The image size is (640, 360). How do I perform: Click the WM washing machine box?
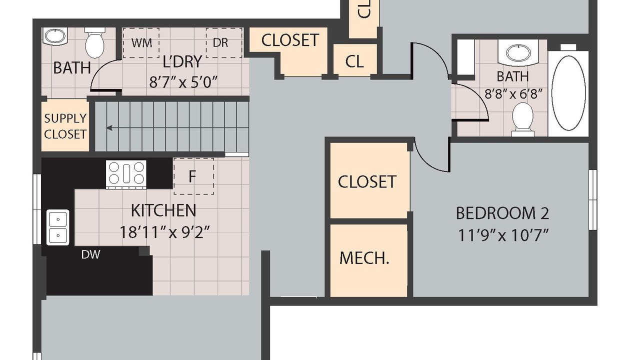coord(141,43)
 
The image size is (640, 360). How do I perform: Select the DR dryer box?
coord(224,43)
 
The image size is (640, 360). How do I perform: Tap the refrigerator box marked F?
coord(193,176)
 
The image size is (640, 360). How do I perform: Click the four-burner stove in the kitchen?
coord(126,174)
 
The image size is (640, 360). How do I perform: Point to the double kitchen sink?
coord(58,227)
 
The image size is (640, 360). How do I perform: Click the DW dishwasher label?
coord(90,254)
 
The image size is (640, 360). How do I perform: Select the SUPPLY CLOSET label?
coord(65,126)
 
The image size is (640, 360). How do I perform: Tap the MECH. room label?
coord(364,258)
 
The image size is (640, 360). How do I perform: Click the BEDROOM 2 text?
coord(502,213)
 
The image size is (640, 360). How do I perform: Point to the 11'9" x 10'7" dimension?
coord(503,235)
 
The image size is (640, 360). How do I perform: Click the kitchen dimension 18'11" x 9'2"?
coord(165,232)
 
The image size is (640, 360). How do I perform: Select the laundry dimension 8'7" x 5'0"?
coord(183,82)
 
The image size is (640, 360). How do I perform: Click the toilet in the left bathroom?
coord(94,43)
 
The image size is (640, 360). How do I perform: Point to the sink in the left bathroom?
coord(55,36)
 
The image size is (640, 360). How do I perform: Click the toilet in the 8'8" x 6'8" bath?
coord(522,119)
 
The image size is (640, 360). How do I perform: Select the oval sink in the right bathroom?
coord(518,53)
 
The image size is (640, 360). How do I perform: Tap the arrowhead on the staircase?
coord(109,128)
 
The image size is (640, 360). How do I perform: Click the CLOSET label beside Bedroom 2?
coord(367,181)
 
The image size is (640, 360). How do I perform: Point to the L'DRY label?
coord(182,61)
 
